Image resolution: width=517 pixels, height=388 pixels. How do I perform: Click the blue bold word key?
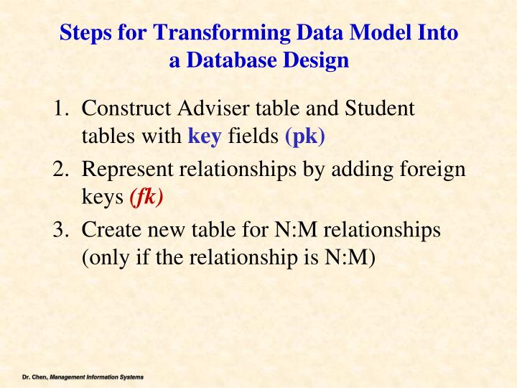coord(205,136)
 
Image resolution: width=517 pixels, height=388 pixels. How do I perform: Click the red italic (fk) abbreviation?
coord(146,197)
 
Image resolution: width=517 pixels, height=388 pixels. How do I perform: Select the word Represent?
coord(129,172)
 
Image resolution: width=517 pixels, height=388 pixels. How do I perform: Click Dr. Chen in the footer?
coord(32,377)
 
